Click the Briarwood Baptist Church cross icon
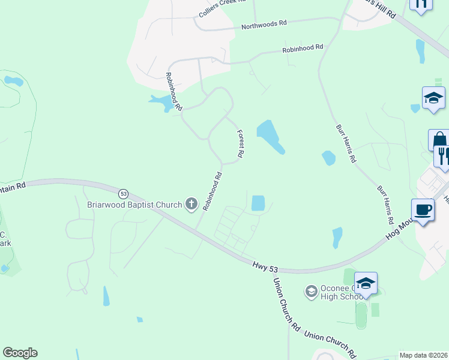tap(191, 205)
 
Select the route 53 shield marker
tap(123, 194)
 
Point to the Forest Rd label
tap(240, 144)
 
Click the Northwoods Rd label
tap(264, 25)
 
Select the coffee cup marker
tap(424, 210)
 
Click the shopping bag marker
tap(439, 140)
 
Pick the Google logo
tap(20, 353)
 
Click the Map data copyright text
tap(423, 355)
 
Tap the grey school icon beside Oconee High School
tap(311, 292)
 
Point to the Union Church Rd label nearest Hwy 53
tap(286, 304)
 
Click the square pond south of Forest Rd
tap(258, 203)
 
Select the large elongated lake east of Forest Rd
tap(270, 136)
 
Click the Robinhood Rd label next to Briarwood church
tap(212, 191)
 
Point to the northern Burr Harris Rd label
tap(346, 144)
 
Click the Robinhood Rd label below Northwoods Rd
tap(303, 47)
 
